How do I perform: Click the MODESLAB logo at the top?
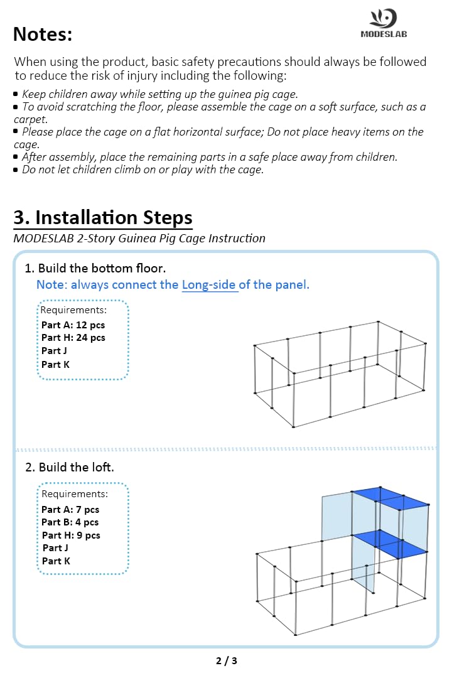(x=384, y=24)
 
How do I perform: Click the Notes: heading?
(x=43, y=35)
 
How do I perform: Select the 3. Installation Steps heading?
(x=103, y=217)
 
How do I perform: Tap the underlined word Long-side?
(x=210, y=284)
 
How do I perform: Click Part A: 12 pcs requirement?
(x=73, y=325)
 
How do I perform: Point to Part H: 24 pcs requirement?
(x=73, y=338)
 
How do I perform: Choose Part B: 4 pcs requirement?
(x=70, y=522)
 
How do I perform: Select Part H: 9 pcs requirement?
(x=70, y=535)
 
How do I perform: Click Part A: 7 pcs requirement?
(x=70, y=510)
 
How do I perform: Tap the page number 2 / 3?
(x=226, y=660)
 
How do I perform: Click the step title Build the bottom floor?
(x=95, y=269)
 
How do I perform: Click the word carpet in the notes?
(x=30, y=119)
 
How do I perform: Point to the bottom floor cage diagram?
(x=340, y=375)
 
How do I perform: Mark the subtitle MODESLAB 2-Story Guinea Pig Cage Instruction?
(x=139, y=239)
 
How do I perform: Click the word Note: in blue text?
(x=51, y=284)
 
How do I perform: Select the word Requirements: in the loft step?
(x=74, y=494)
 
